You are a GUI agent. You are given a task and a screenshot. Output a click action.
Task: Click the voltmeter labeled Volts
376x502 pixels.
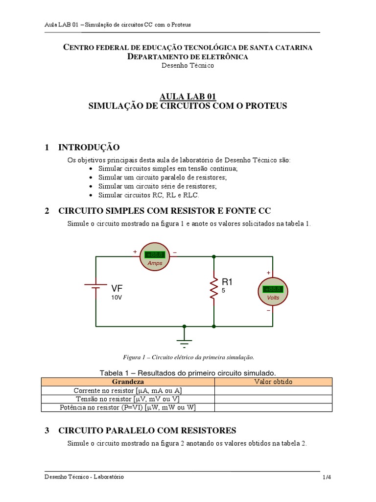click(x=273, y=291)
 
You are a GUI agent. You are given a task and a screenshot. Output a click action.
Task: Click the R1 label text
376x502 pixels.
click(x=227, y=282)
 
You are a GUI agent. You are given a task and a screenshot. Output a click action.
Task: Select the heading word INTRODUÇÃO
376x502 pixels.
click(x=89, y=148)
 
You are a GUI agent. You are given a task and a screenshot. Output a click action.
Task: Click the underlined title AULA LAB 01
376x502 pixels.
click(x=188, y=97)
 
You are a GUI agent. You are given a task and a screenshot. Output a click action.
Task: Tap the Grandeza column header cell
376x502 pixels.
click(x=128, y=382)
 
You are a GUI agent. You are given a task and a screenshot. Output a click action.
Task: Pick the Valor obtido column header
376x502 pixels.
click(x=273, y=382)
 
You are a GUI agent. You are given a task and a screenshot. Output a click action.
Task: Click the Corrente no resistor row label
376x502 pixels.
click(x=128, y=391)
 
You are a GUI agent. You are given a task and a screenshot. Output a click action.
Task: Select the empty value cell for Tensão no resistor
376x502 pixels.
click(x=273, y=399)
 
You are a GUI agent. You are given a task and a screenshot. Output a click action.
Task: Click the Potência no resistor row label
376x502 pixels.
click(x=128, y=407)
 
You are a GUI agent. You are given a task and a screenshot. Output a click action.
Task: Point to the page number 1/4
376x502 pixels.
click(x=327, y=477)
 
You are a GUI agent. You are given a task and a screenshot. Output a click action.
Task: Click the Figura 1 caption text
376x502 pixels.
click(x=188, y=357)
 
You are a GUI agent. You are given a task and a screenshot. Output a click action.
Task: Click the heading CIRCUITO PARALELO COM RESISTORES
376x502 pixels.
click(x=147, y=430)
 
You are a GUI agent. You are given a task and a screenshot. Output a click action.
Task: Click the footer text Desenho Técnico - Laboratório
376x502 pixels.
click(x=84, y=477)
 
